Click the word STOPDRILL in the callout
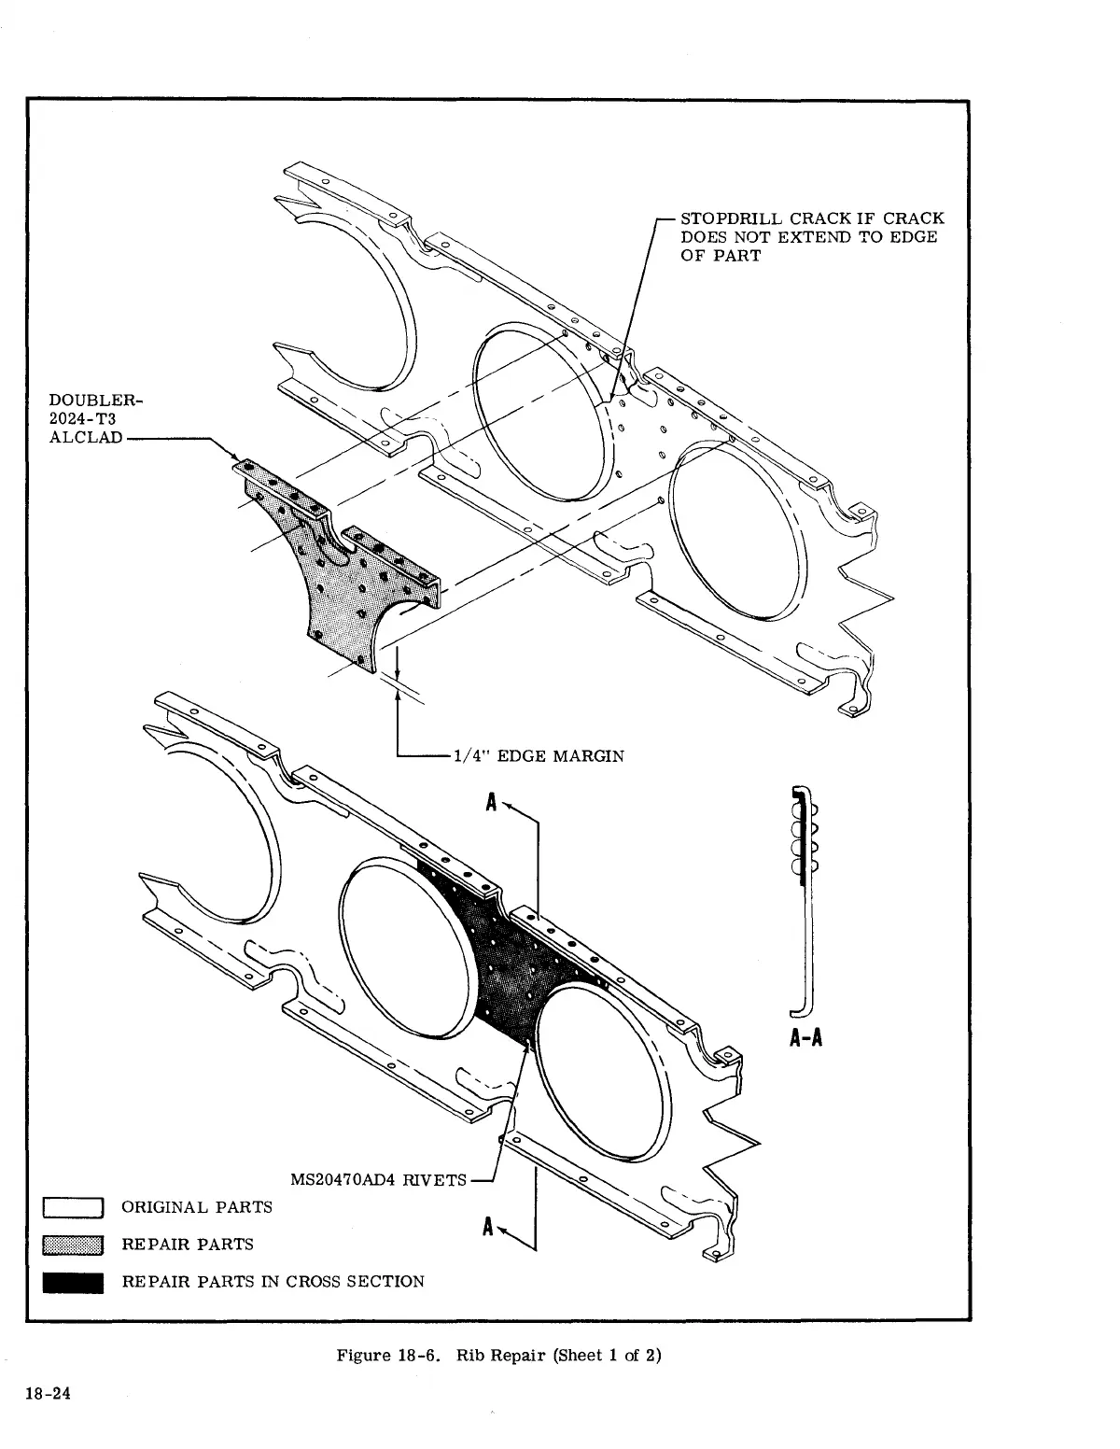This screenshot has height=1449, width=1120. [x=732, y=218]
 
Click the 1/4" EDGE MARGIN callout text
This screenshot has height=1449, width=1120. [x=538, y=755]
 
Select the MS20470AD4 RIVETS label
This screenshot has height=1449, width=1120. [x=378, y=1179]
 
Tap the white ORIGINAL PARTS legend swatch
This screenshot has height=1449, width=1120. [x=72, y=1207]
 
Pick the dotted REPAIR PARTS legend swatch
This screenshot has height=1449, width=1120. [x=72, y=1245]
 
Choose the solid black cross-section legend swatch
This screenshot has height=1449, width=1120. [x=72, y=1282]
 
